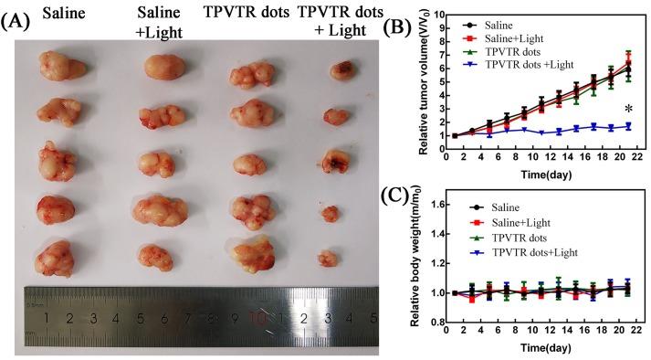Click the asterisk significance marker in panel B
pyautogui.click(x=629, y=111)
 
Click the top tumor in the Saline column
pyautogui.click(x=58, y=68)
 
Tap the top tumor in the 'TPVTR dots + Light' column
pyautogui.click(x=345, y=69)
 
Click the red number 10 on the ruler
pyautogui.click(x=259, y=320)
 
